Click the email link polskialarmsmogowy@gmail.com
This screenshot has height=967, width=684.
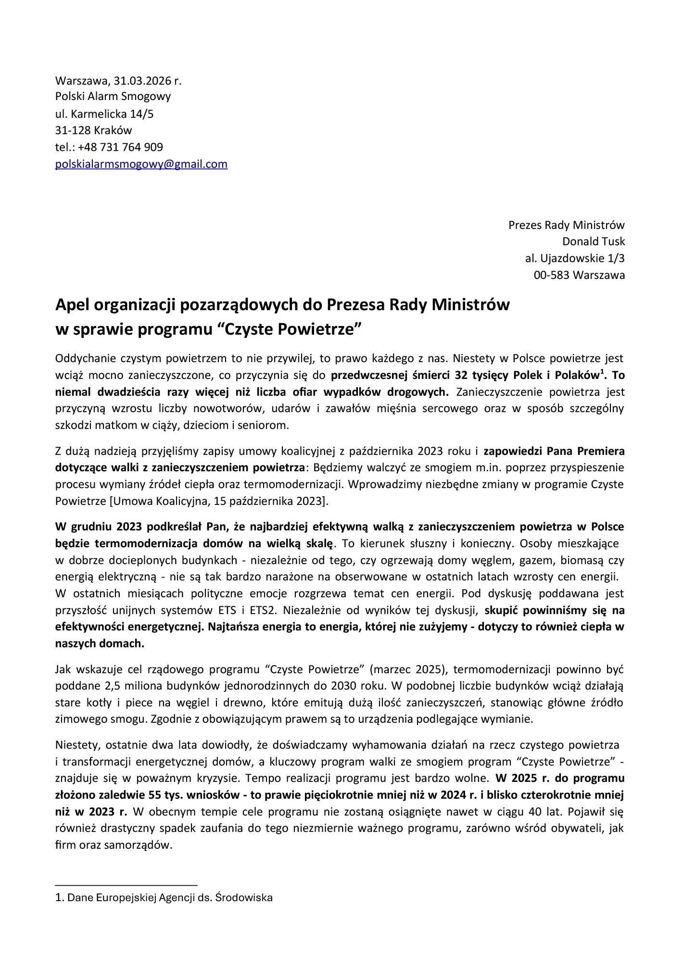coord(141,164)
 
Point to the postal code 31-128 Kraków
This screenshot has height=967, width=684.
coord(93,130)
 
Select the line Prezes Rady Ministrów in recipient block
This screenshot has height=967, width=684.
coord(566,225)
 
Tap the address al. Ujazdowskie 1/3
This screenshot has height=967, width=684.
coord(575,258)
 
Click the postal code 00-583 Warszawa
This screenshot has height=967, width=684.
coord(579,275)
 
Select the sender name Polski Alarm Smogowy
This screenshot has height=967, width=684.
coord(113,97)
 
